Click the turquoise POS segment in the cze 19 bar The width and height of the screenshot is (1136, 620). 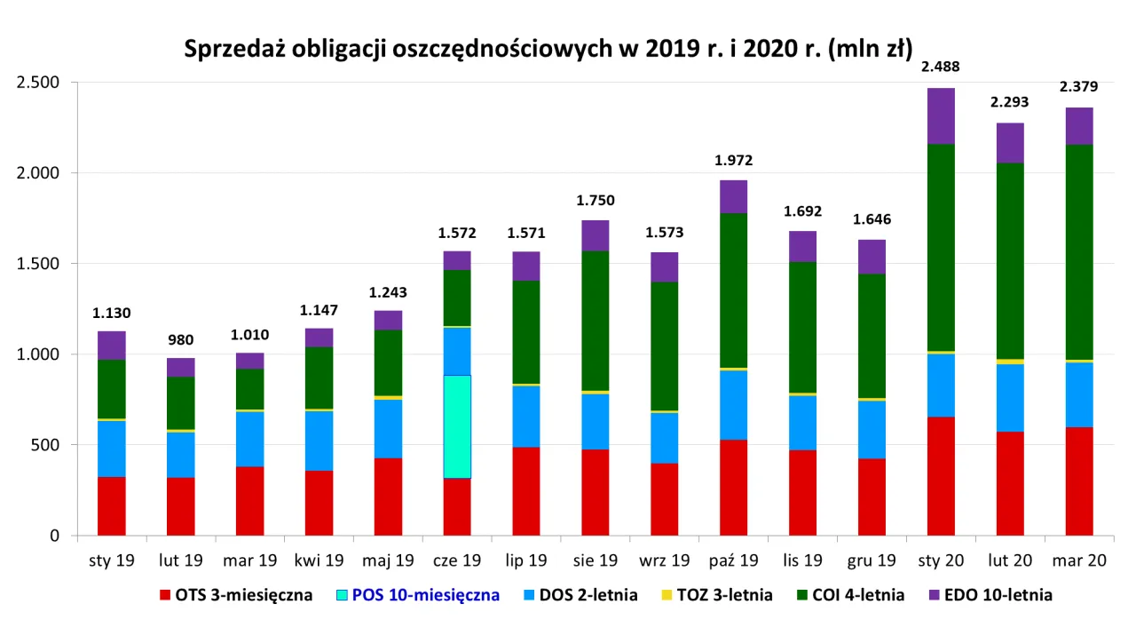pyautogui.click(x=457, y=426)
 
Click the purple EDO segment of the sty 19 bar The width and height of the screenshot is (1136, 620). pyautogui.click(x=111, y=345)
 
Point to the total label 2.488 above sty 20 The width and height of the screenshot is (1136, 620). pyautogui.click(x=940, y=67)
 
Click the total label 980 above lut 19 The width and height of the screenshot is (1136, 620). pyautogui.click(x=181, y=339)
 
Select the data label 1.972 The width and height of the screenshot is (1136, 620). pyautogui.click(x=733, y=161)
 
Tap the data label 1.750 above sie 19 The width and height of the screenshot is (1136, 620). pyautogui.click(x=596, y=200)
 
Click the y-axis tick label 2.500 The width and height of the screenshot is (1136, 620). pyautogui.click(x=38, y=83)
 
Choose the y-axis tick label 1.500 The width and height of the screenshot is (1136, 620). pyautogui.click(x=38, y=264)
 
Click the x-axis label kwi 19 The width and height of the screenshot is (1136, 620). pyautogui.click(x=319, y=561)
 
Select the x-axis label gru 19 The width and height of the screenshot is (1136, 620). pyautogui.click(x=872, y=561)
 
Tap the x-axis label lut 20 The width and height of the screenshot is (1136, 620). pyautogui.click(x=1009, y=561)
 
